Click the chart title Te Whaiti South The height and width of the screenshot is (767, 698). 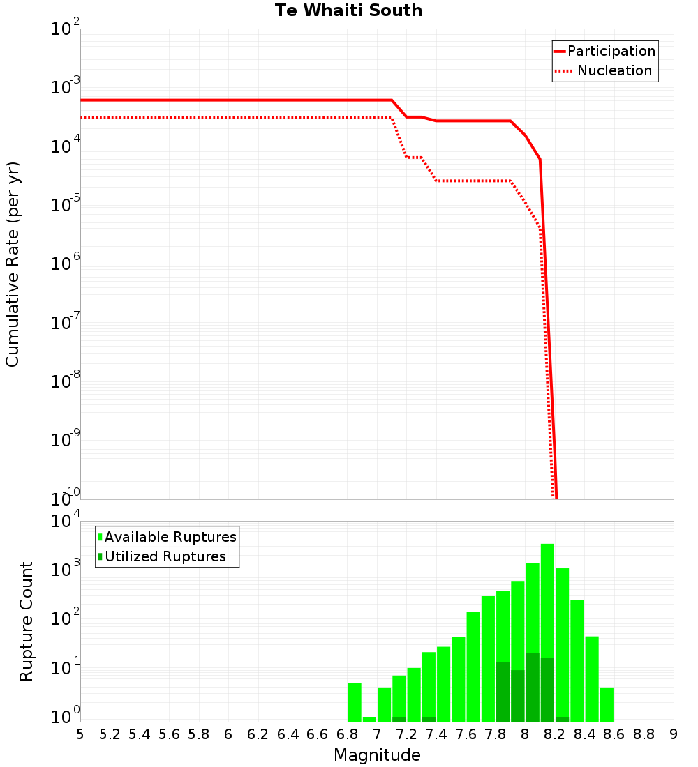(x=348, y=10)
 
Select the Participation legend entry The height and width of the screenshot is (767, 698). (x=611, y=51)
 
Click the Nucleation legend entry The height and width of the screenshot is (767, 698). (x=614, y=70)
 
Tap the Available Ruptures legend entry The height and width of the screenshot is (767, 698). (x=170, y=537)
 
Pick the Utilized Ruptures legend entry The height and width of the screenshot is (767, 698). (x=165, y=556)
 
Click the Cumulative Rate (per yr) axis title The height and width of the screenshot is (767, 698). (x=13, y=264)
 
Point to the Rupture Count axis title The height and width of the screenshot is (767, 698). (x=27, y=621)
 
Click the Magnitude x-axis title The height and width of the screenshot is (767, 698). (x=377, y=755)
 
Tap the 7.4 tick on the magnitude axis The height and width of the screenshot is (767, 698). (x=436, y=734)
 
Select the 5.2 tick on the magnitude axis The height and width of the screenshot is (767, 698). (x=110, y=734)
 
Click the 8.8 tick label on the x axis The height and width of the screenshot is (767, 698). (x=644, y=734)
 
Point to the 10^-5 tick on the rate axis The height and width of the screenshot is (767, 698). (x=66, y=206)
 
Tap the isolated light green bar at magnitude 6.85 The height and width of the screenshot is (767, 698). (x=355, y=702)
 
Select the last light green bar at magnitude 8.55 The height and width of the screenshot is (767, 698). (x=607, y=704)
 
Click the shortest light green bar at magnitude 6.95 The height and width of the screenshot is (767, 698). (x=369, y=719)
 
